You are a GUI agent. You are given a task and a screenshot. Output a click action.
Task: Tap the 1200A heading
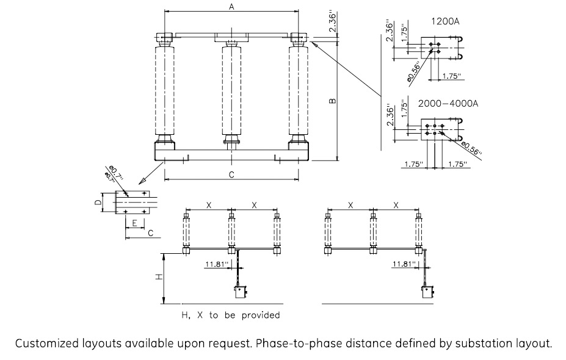click(444, 21)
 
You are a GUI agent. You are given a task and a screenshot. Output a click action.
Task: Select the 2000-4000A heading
click(448, 103)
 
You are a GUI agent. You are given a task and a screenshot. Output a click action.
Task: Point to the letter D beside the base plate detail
click(104, 201)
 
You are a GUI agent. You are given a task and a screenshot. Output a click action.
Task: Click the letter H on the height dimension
click(158, 277)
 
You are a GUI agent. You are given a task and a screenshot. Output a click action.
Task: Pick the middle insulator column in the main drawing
click(231, 91)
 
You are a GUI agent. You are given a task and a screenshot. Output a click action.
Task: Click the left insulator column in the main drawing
click(165, 91)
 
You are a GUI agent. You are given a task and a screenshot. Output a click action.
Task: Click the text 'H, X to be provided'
click(231, 315)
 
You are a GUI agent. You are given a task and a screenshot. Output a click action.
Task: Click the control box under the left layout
click(239, 292)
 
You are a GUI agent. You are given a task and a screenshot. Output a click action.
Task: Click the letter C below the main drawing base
click(231, 175)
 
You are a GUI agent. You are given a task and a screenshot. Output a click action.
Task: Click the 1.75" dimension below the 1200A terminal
click(450, 76)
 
